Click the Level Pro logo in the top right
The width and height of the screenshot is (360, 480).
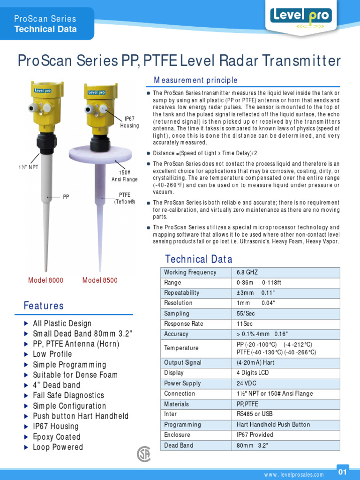click(x=301, y=17)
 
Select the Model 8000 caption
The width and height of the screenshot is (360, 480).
click(x=45, y=280)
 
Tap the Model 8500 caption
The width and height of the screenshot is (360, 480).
click(x=100, y=280)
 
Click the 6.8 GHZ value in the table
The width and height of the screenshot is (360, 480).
click(x=247, y=272)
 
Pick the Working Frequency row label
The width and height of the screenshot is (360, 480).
click(x=190, y=272)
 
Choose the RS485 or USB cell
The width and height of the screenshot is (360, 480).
click(x=255, y=414)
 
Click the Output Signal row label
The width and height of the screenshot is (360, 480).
click(x=183, y=363)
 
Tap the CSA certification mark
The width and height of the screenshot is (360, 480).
click(x=143, y=454)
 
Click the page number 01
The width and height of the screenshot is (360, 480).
click(x=343, y=472)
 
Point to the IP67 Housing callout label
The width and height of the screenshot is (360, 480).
click(x=129, y=122)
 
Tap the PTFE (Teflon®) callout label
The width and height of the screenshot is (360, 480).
click(x=125, y=198)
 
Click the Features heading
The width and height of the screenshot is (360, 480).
click(x=44, y=306)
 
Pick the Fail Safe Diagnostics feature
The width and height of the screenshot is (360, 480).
click(x=68, y=396)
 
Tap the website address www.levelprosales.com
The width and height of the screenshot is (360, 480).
click(x=294, y=475)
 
